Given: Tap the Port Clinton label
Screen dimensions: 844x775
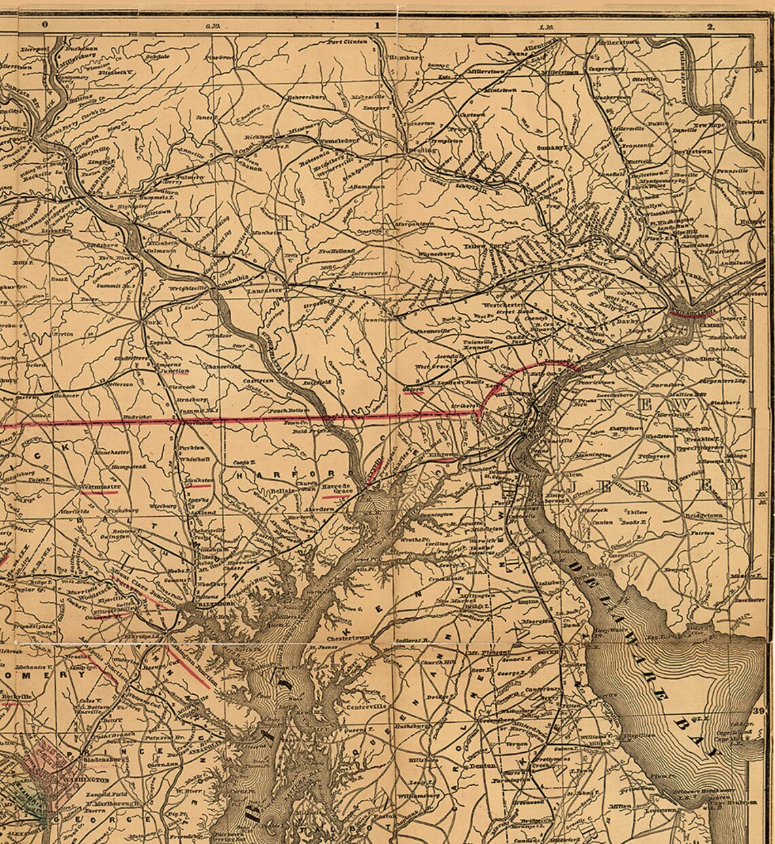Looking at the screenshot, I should point(347,42).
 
